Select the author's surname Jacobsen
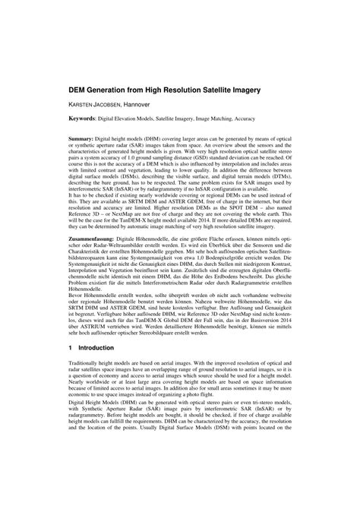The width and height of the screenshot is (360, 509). point(116,104)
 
